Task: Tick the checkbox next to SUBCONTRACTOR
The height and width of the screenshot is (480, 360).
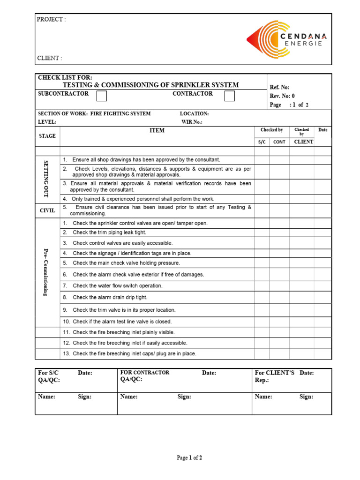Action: click(102, 96)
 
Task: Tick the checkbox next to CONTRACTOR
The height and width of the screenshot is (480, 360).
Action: click(229, 96)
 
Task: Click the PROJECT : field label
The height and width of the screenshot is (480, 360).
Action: click(52, 19)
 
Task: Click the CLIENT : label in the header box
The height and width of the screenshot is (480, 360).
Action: click(49, 58)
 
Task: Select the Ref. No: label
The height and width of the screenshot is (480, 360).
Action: click(280, 87)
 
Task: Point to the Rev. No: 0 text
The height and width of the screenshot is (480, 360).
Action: click(282, 96)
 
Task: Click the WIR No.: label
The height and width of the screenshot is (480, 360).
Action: click(192, 122)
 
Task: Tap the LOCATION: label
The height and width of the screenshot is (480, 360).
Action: click(194, 113)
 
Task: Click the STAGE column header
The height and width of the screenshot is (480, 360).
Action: click(47, 136)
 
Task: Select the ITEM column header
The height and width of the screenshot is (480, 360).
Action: click(157, 130)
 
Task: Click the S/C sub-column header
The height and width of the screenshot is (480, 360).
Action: click(262, 142)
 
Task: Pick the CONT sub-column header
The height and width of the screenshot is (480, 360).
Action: click(279, 142)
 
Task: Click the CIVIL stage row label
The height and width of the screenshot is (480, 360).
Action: click(47, 210)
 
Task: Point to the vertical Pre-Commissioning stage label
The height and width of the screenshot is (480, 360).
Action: click(46, 272)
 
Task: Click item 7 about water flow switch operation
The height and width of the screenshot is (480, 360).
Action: click(118, 285)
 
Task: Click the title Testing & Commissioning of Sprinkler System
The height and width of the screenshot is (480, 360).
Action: click(150, 85)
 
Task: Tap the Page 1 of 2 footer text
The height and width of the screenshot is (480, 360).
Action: click(189, 457)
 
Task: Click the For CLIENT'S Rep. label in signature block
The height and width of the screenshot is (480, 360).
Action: click(275, 376)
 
